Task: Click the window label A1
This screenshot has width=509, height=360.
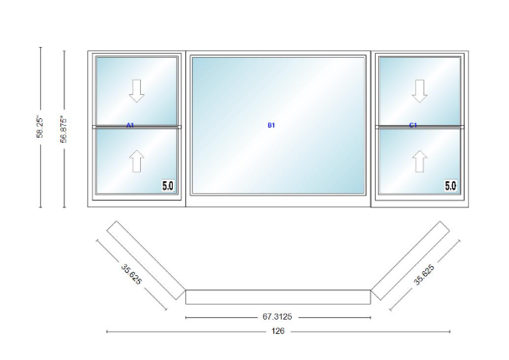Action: click(x=130, y=125)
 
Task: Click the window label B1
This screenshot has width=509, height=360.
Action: click(x=272, y=125)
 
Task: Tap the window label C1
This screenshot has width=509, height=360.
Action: click(x=413, y=125)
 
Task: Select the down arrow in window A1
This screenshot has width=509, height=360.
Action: click(x=137, y=91)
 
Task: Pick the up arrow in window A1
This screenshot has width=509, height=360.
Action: click(x=137, y=161)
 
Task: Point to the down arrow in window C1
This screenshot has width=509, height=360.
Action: click(x=420, y=91)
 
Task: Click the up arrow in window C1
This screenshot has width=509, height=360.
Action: click(x=420, y=161)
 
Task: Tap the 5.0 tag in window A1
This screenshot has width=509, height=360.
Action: click(x=168, y=185)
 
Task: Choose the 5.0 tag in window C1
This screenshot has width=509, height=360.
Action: click(x=450, y=185)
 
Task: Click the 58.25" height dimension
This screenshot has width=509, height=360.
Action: click(x=40, y=127)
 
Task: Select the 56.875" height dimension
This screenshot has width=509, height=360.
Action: click(x=64, y=129)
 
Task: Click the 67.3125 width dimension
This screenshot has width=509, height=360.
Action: click(x=278, y=316)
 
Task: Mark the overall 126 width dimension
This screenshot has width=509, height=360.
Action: click(x=278, y=331)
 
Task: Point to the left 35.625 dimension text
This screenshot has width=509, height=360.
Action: click(x=132, y=274)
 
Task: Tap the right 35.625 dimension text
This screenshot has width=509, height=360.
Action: click(x=424, y=275)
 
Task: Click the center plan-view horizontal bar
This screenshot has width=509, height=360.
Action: click(x=278, y=297)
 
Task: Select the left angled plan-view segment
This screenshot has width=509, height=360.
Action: click(x=146, y=260)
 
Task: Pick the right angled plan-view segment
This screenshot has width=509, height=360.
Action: click(x=410, y=261)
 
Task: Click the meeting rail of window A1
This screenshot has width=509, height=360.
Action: click(x=137, y=127)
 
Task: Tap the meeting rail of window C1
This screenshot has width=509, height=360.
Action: click(x=420, y=127)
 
